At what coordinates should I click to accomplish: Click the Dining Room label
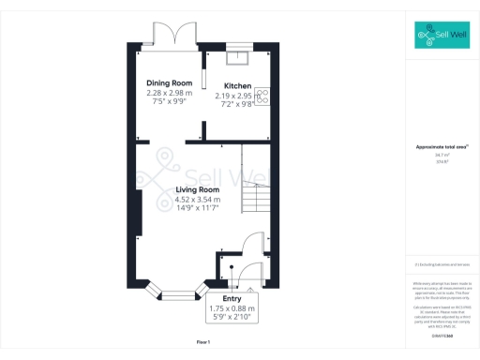pyautogui.click(x=169, y=83)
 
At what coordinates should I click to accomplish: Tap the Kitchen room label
pyautogui.click(x=237, y=86)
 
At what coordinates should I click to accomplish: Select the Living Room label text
pyautogui.click(x=197, y=190)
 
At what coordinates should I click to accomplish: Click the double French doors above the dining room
pyautogui.click(x=174, y=35)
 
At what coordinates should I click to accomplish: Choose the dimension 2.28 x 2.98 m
pyautogui.click(x=169, y=93)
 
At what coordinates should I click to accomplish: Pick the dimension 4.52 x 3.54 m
pyautogui.click(x=197, y=200)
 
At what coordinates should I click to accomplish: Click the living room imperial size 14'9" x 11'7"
pyautogui.click(x=197, y=208)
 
